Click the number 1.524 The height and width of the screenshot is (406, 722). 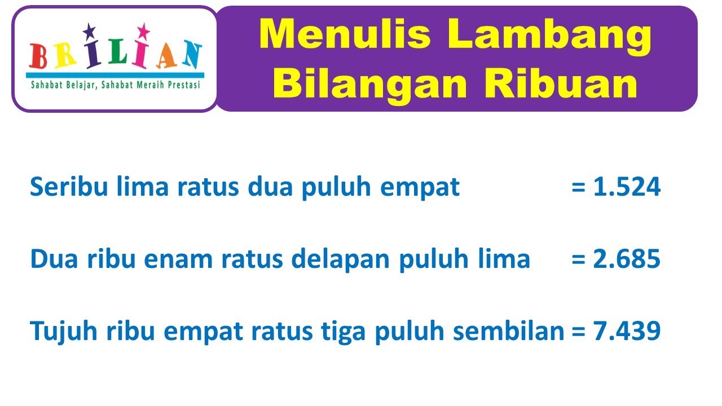[627, 187]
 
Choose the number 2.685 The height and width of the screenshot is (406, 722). [627, 259]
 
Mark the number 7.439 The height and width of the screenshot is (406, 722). [627, 332]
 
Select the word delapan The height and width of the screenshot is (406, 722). [326, 259]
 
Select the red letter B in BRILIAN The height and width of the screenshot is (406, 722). [39, 56]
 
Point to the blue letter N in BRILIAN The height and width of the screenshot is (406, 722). [191, 55]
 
